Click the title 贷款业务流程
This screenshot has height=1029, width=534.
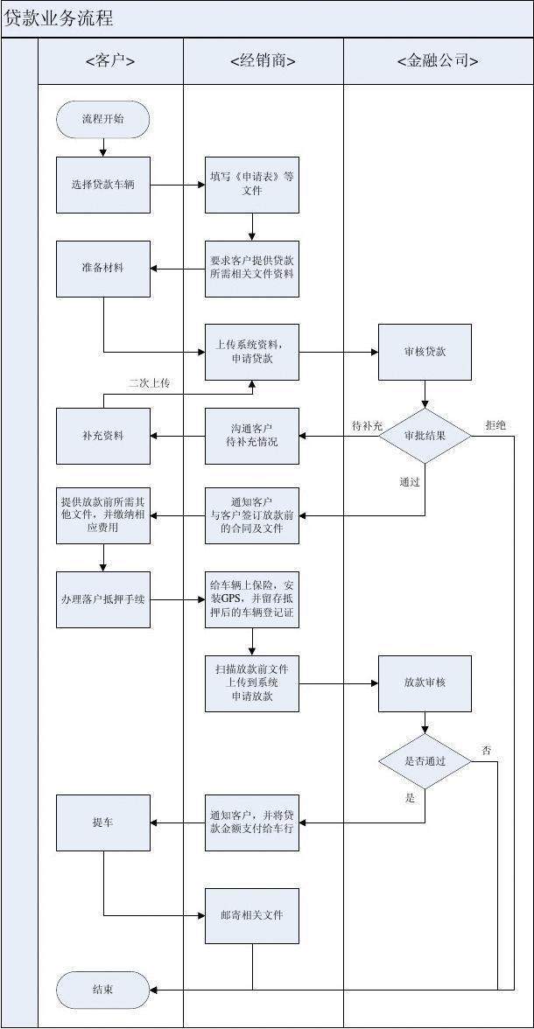coord(60,18)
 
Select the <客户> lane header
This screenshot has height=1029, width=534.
coord(110,61)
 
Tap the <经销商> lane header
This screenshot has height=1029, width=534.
coord(263,61)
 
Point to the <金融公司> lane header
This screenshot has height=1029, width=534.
coord(437,61)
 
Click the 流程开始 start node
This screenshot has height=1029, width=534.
coord(102,119)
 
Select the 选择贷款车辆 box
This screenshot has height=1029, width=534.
coord(103,185)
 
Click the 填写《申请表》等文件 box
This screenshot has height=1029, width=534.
coord(252,185)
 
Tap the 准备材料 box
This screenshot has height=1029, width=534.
coord(103,269)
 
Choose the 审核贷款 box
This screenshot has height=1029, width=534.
coord(425,352)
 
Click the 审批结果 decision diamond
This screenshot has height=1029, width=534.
coord(425,435)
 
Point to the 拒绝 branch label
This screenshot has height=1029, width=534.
coord(495,425)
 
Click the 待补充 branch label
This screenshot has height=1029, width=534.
coord(367,425)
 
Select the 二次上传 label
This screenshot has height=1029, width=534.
coord(149,383)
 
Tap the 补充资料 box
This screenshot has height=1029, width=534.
coord(103,435)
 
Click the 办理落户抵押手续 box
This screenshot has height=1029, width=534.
coord(103,599)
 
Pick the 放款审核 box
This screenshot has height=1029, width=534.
coord(425,682)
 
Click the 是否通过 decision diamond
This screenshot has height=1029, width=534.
coord(425,762)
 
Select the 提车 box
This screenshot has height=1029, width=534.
coord(103,822)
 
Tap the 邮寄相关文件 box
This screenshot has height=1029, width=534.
coord(252,915)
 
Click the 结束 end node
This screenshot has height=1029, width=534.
coord(102,990)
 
